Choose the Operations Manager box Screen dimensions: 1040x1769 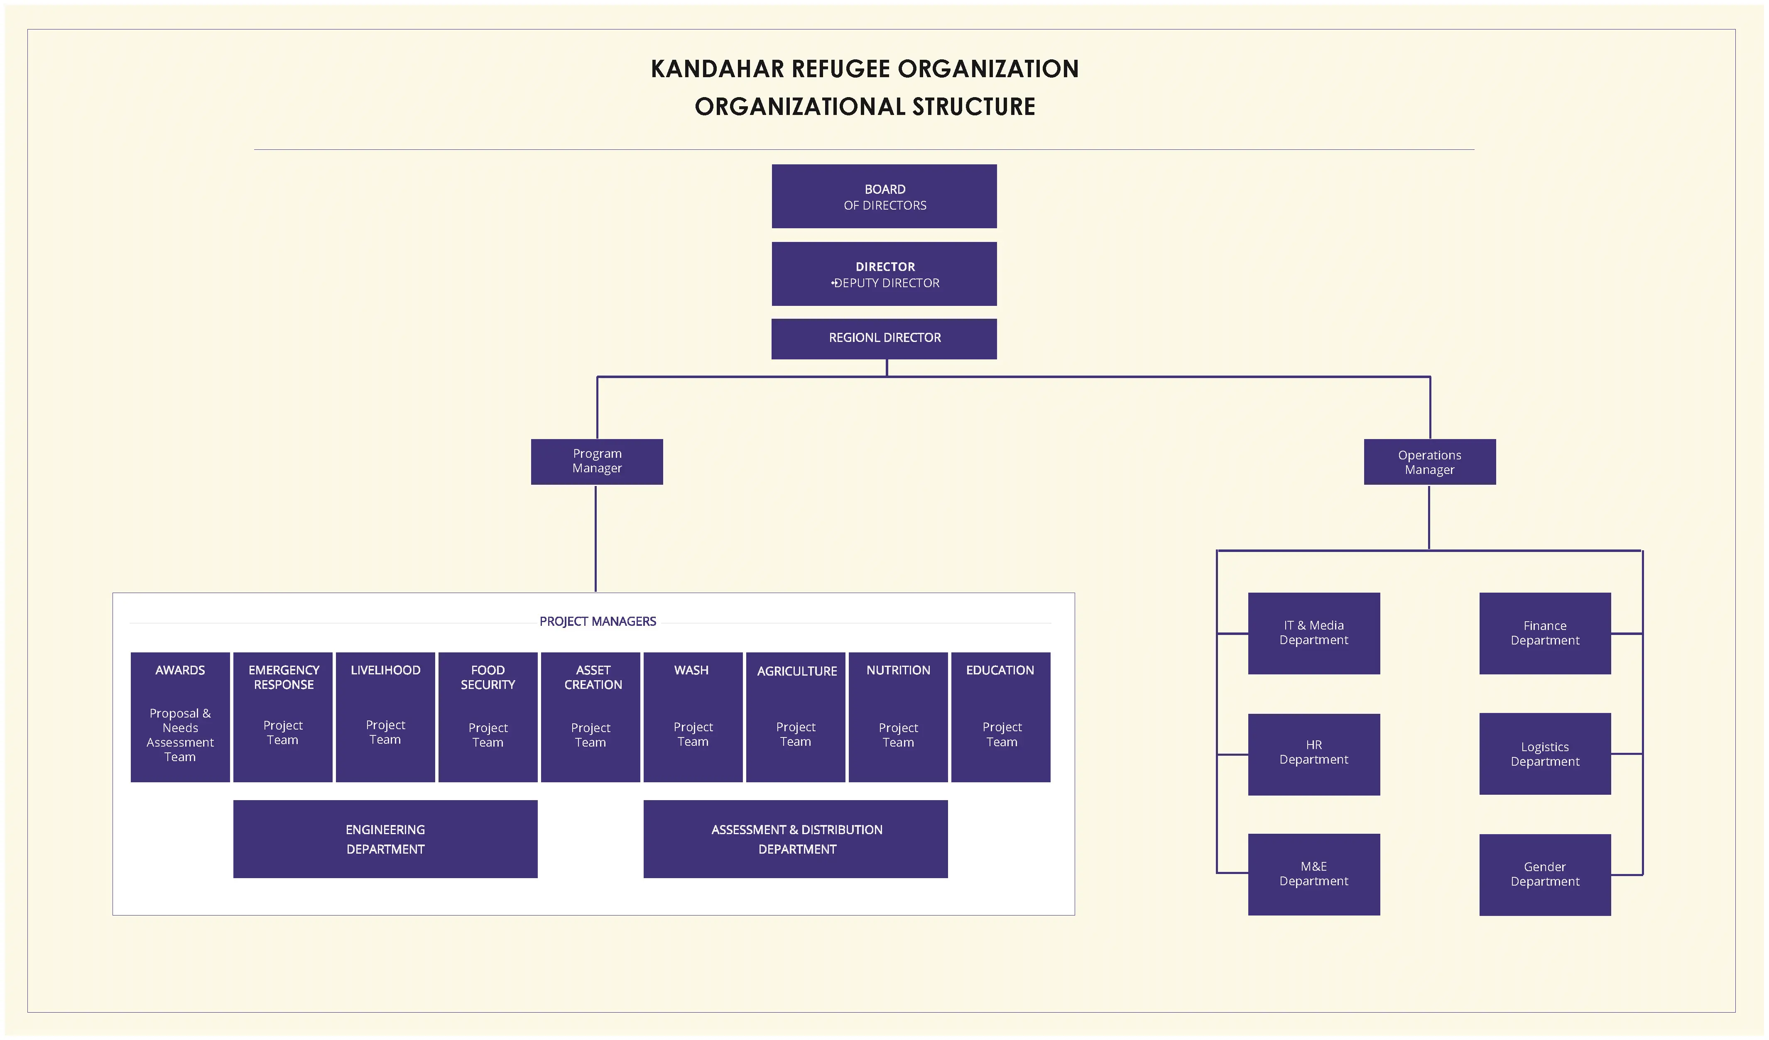[1429, 462]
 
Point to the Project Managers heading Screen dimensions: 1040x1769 [598, 621]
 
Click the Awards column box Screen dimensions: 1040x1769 [180, 716]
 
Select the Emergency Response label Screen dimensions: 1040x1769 [284, 677]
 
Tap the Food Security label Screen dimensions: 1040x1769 [488, 677]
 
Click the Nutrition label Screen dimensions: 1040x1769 [898, 670]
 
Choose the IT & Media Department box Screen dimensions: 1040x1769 [1313, 633]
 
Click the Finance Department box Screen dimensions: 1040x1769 [1544, 633]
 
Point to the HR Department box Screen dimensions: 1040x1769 [1313, 754]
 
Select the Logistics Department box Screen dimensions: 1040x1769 [1544, 754]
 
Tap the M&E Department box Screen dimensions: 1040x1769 [1313, 874]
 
